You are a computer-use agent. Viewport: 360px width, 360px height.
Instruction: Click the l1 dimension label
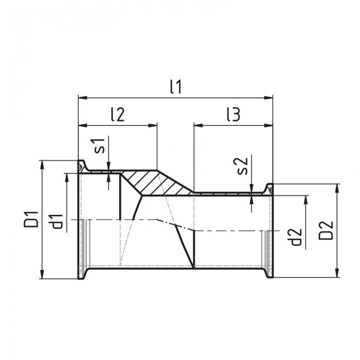pos(176,87)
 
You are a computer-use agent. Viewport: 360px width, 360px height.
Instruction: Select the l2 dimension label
pos(118,114)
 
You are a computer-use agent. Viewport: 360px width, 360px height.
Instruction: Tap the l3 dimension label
pos(233,114)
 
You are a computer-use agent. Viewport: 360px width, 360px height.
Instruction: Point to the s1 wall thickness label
pos(100,146)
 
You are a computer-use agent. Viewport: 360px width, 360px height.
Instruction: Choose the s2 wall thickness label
pos(243,166)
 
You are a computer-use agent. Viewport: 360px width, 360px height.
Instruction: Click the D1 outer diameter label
pos(31,219)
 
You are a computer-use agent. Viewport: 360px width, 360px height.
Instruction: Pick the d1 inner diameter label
pos(56,222)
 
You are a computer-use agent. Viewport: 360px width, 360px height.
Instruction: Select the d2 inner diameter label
pos(296,237)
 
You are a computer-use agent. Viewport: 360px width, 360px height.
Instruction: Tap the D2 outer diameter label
pos(326,230)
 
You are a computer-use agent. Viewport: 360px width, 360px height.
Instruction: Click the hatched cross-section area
pos(156,183)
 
